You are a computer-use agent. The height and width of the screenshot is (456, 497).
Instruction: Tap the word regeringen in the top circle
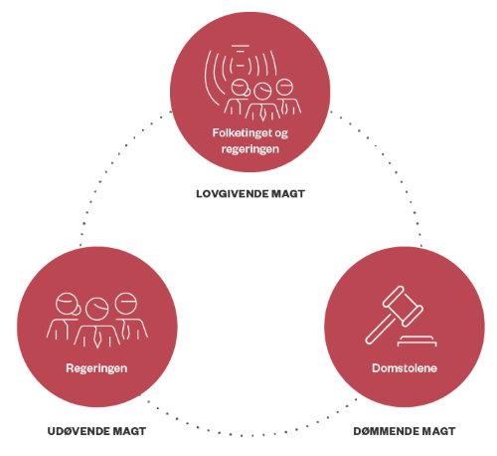click(x=250, y=149)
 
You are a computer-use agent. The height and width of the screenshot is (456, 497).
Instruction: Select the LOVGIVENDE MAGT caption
click(x=250, y=194)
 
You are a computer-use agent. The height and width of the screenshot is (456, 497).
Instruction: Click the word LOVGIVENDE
click(x=233, y=194)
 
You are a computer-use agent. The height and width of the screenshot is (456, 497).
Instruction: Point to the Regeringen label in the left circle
click(x=96, y=368)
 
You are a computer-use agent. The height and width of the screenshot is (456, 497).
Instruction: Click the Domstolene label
click(x=405, y=368)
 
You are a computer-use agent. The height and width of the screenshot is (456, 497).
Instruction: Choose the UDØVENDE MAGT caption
click(x=96, y=431)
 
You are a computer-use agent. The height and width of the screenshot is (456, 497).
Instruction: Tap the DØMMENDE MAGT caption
click(x=405, y=431)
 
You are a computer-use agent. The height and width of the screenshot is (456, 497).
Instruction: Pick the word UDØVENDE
click(x=79, y=431)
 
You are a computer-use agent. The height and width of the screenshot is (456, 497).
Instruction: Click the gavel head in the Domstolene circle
click(x=403, y=306)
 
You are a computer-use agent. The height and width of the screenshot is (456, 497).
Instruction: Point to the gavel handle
click(x=381, y=329)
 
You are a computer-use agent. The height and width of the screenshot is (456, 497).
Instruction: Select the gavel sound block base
click(x=416, y=341)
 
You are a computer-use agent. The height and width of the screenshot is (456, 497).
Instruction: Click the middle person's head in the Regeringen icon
click(x=96, y=309)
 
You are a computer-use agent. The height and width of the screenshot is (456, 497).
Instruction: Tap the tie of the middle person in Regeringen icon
click(x=96, y=338)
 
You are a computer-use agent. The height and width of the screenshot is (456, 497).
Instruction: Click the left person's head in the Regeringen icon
click(x=68, y=304)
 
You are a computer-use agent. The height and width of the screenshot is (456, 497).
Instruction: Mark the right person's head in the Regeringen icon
click(x=126, y=303)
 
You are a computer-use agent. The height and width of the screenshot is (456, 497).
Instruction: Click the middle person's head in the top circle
click(x=262, y=91)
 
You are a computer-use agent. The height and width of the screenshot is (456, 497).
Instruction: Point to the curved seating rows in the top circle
click(x=212, y=78)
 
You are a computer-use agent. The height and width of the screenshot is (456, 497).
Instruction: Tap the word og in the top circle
click(x=281, y=133)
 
